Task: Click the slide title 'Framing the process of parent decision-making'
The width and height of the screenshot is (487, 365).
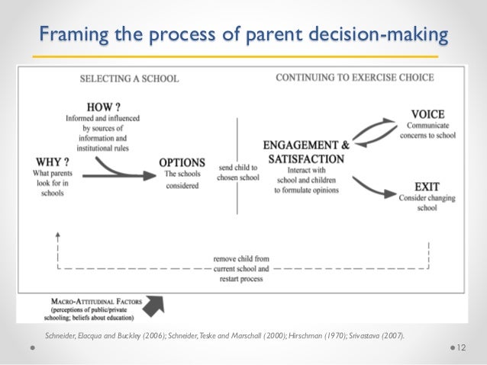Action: point(243,34)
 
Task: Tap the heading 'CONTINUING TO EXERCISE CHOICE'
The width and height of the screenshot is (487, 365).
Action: point(354,78)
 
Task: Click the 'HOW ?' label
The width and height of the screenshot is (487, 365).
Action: point(103,107)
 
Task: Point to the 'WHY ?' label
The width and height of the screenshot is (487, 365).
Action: point(52,162)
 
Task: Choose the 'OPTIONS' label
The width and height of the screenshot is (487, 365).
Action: point(182,162)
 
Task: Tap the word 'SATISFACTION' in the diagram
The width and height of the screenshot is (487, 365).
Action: point(306,158)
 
